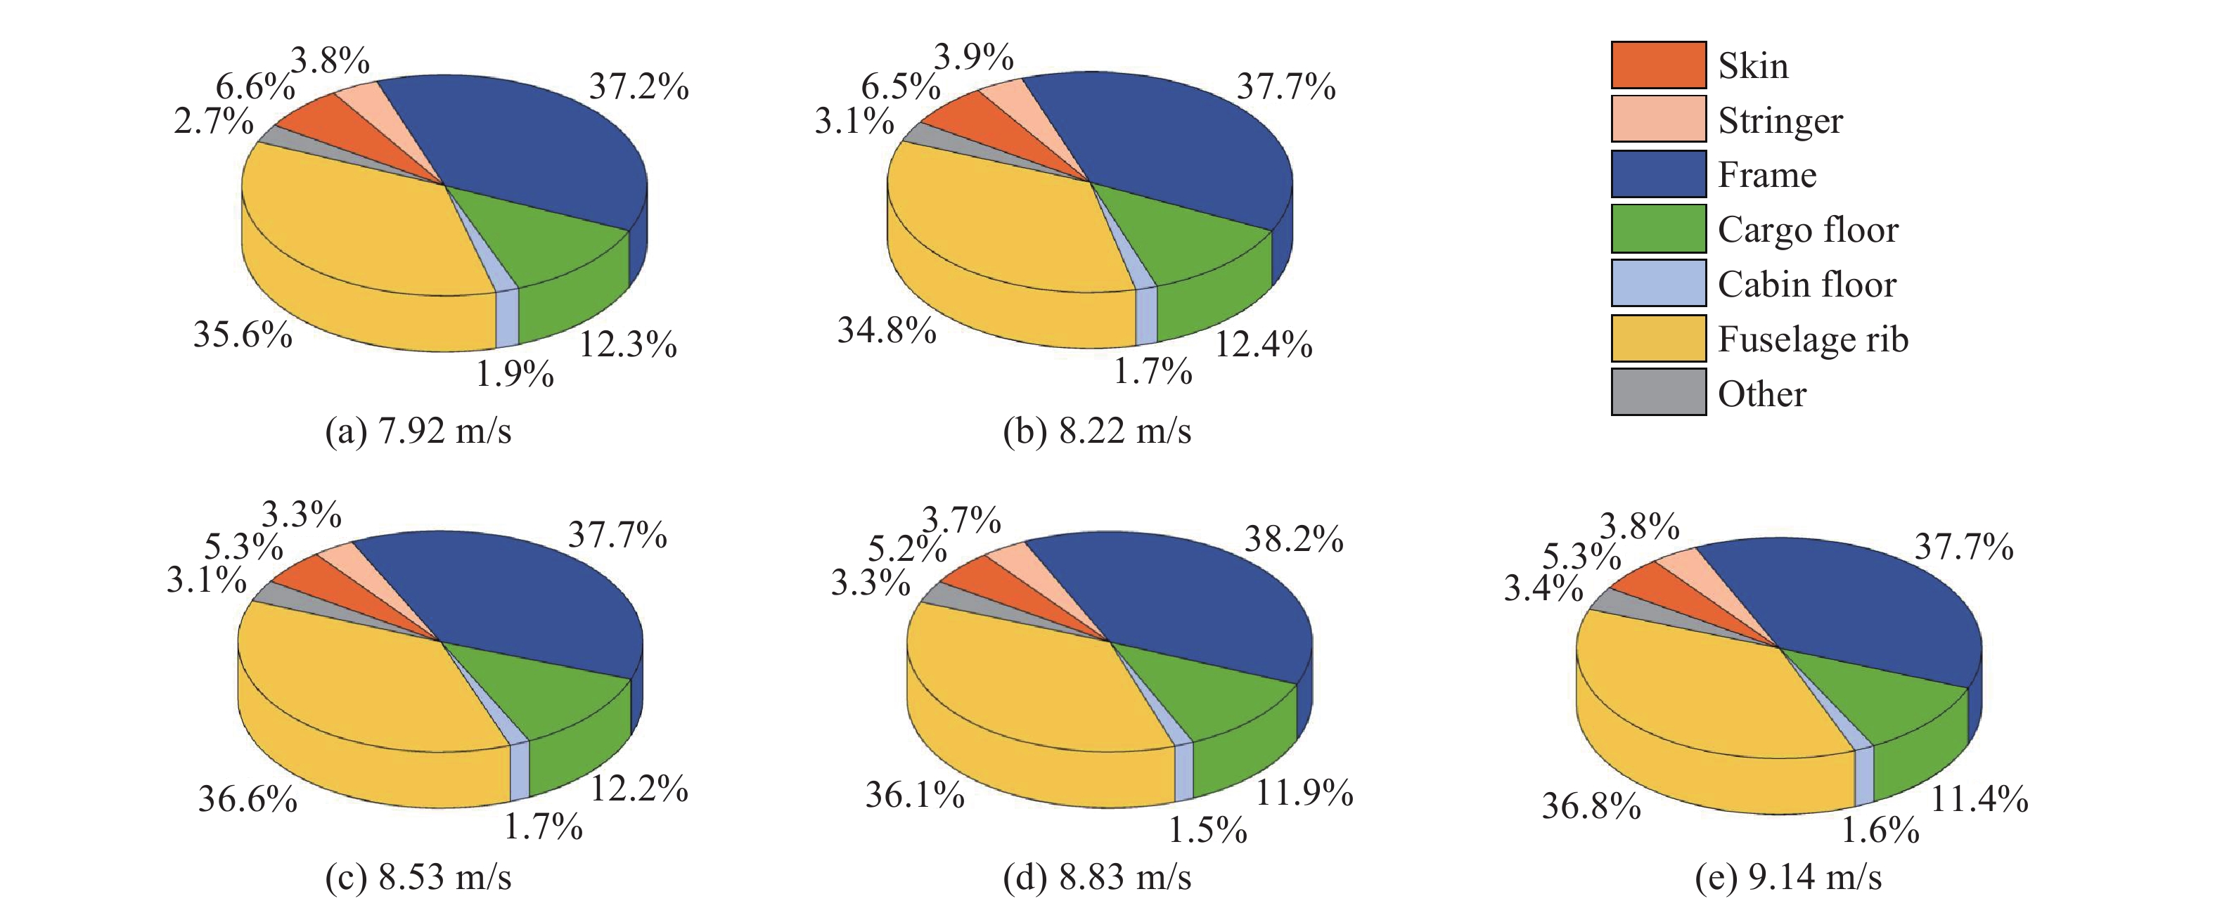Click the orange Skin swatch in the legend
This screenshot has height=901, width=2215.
1658,65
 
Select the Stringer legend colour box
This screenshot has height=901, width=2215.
1658,119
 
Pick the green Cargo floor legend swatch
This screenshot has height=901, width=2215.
1658,228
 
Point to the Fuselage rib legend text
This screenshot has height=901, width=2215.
1813,339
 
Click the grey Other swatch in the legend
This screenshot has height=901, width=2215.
1658,393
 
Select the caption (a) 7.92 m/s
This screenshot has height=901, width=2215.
418,430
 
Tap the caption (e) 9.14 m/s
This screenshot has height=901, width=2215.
1788,877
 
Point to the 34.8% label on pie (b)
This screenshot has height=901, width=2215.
887,330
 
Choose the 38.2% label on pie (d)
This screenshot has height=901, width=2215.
1294,540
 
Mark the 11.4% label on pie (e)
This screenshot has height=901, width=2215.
1979,800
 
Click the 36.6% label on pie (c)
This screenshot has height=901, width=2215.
248,800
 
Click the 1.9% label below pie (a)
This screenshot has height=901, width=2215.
515,374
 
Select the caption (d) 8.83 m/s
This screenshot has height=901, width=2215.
1097,877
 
